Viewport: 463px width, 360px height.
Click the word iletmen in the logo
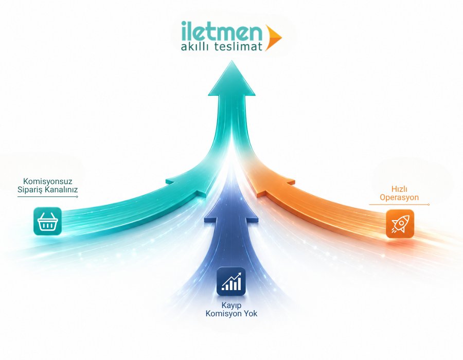(221, 31)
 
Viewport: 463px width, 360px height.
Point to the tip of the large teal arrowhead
(232, 61)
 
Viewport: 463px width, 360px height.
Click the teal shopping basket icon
(47, 221)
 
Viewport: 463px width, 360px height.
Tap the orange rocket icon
(400, 223)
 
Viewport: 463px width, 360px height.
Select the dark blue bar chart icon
(231, 281)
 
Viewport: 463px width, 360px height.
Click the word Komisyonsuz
(47, 181)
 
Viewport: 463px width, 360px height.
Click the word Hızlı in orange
(399, 189)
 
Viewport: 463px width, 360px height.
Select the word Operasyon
(399, 197)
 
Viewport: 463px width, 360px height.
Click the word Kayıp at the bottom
(232, 305)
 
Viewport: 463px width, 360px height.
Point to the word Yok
(251, 313)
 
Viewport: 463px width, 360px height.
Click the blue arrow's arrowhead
(231, 204)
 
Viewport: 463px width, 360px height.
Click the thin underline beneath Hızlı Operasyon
(399, 205)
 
